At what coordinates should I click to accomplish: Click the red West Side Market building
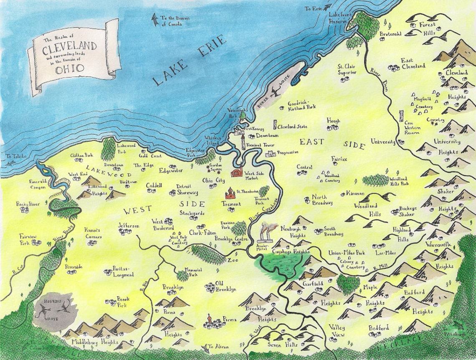(238, 172)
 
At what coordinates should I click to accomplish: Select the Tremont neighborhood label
(231, 204)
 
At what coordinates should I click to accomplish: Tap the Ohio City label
(213, 180)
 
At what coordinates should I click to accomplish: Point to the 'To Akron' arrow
(204, 346)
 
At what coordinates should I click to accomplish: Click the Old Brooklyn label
(225, 286)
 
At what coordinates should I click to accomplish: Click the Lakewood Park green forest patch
(109, 149)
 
